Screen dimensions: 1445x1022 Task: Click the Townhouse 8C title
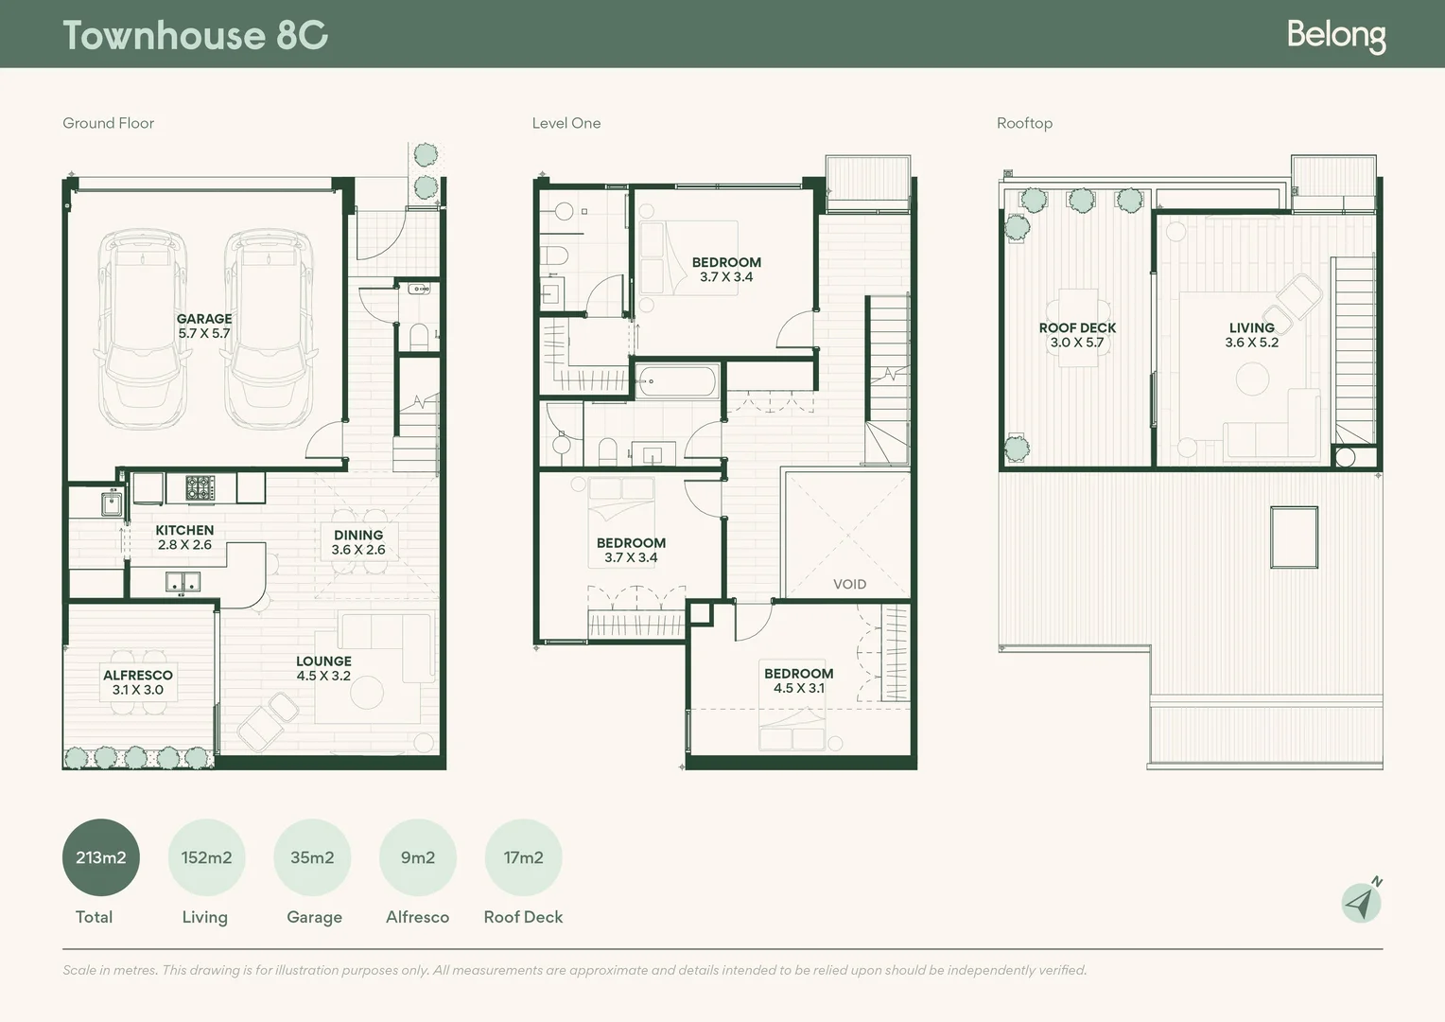click(x=196, y=35)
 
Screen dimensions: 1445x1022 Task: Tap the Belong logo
click(x=1336, y=36)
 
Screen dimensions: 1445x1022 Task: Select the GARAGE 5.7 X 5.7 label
click(x=204, y=326)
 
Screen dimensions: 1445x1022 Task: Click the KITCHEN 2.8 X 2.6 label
click(x=184, y=537)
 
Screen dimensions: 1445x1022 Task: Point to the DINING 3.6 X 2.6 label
click(x=358, y=542)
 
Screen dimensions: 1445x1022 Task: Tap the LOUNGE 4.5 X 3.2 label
click(x=323, y=668)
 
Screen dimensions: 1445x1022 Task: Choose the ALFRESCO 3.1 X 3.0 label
click(x=138, y=682)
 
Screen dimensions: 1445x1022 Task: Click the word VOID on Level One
click(x=849, y=584)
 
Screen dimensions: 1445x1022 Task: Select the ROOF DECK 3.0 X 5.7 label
click(x=1077, y=335)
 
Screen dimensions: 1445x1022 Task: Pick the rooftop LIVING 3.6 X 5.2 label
click(x=1251, y=335)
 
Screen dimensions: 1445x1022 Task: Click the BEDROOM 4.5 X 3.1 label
click(x=798, y=680)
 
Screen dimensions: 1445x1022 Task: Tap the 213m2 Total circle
click(x=100, y=857)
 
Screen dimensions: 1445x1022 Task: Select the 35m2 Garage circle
click(x=312, y=857)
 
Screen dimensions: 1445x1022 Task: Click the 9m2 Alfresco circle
click(x=418, y=857)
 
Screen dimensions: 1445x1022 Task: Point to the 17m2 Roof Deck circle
click(x=523, y=857)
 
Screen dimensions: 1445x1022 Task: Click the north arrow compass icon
click(x=1361, y=902)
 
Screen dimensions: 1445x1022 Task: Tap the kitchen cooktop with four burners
click(x=200, y=487)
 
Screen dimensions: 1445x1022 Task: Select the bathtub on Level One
click(x=677, y=381)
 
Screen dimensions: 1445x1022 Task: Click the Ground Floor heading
click(x=109, y=123)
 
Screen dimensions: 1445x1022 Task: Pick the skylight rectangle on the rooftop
click(x=1294, y=537)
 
